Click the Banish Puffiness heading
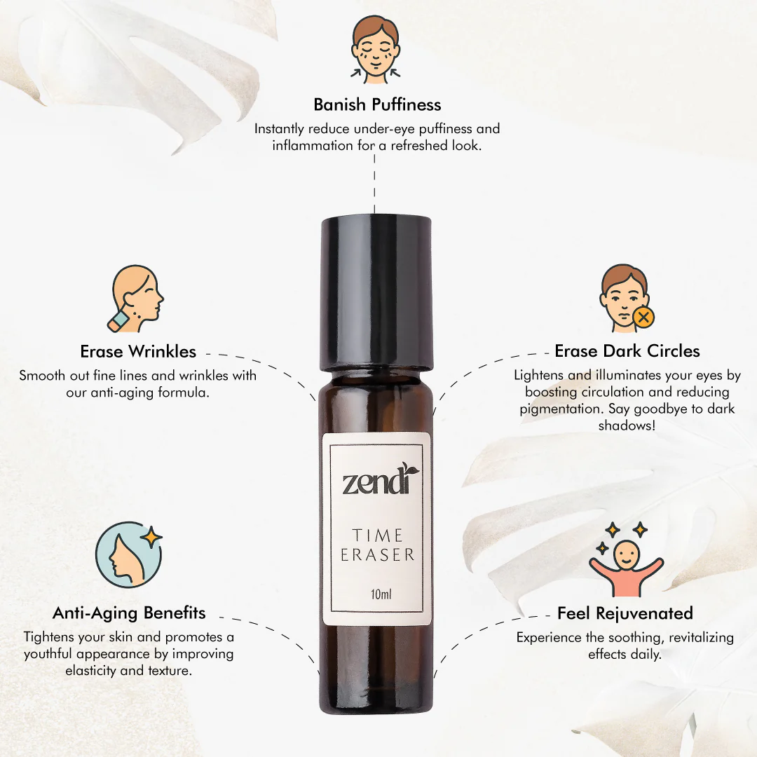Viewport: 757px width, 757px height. tap(377, 104)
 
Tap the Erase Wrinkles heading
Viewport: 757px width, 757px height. tap(138, 351)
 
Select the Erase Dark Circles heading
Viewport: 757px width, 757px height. tap(627, 351)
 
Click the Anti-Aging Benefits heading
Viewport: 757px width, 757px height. tap(129, 613)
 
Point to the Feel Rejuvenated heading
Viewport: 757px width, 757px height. tap(625, 613)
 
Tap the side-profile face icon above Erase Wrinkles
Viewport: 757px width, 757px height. tap(135, 299)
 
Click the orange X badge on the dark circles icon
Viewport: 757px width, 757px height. tap(643, 318)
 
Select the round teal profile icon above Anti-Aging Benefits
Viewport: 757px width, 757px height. tap(128, 554)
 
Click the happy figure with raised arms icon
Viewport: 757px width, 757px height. tap(626, 560)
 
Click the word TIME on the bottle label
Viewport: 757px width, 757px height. tap(377, 536)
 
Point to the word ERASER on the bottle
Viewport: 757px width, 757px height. tap(378, 555)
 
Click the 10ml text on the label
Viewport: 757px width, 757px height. tap(381, 594)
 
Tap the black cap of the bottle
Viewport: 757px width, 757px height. tap(376, 294)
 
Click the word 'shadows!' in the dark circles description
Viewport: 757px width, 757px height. tap(627, 426)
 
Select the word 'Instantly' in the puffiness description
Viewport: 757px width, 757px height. tap(279, 129)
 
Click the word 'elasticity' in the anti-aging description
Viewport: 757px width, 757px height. tap(91, 671)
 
